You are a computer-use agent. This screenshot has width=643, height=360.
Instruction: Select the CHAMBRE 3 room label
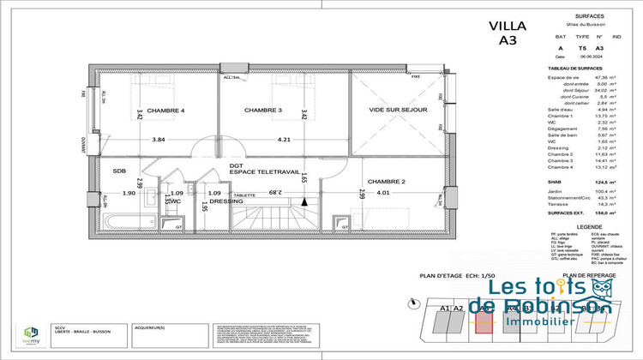point(262,111)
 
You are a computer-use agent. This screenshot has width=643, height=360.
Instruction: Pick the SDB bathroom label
point(119,171)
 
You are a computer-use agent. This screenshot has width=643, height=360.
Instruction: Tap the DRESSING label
point(227,201)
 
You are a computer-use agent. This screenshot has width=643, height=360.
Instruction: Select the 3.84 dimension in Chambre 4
point(158,140)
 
